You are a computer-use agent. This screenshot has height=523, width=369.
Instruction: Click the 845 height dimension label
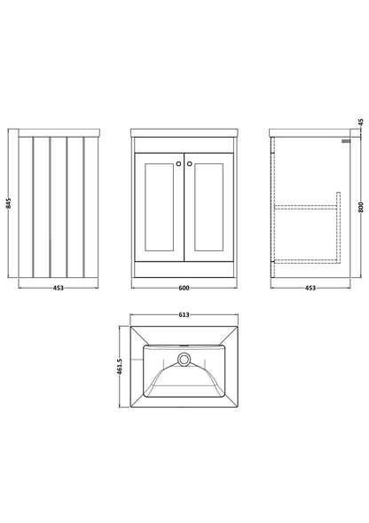(x=9, y=203)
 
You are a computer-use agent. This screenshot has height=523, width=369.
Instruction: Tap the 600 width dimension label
(x=184, y=288)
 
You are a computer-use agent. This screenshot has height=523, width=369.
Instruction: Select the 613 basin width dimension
(x=184, y=314)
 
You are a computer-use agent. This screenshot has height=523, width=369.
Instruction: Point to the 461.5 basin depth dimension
(x=120, y=367)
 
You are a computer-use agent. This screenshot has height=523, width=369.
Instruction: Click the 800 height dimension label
(x=361, y=207)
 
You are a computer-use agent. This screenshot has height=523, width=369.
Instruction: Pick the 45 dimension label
(x=361, y=122)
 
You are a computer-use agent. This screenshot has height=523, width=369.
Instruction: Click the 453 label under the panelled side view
(x=59, y=288)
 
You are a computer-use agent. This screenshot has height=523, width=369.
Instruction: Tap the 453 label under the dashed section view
(x=310, y=288)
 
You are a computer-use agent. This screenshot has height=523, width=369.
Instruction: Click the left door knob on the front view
(x=178, y=163)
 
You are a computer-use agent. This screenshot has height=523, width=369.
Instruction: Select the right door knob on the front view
(x=189, y=163)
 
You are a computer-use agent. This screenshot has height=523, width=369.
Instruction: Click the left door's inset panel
(x=160, y=207)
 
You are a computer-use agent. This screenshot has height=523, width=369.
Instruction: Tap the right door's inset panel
(x=208, y=207)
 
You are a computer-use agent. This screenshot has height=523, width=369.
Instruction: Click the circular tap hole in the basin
(x=184, y=360)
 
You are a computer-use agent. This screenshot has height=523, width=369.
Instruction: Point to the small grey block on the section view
(x=346, y=141)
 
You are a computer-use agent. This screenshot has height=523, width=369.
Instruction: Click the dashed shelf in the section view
(x=306, y=207)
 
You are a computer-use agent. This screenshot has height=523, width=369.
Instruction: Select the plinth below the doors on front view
(x=184, y=270)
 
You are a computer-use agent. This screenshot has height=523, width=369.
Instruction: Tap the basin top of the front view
(x=184, y=132)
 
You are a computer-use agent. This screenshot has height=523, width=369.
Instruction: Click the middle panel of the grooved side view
(x=59, y=207)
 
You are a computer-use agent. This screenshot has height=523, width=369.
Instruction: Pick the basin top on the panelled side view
(x=59, y=132)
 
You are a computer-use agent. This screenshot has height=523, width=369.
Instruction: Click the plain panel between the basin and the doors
(x=184, y=145)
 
